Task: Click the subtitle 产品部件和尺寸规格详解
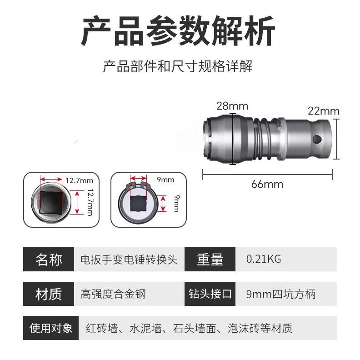tap(178, 67)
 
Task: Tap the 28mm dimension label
tap(232, 106)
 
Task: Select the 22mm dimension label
tap(324, 111)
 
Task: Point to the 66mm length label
tap(267, 184)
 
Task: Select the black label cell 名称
tap(49, 260)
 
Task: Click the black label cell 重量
tap(210, 260)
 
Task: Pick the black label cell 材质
tap(49, 294)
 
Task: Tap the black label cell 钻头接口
tap(210, 294)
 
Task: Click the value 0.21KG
tap(264, 259)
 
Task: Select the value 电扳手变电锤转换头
tap(129, 260)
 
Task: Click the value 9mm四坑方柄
tap(280, 294)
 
